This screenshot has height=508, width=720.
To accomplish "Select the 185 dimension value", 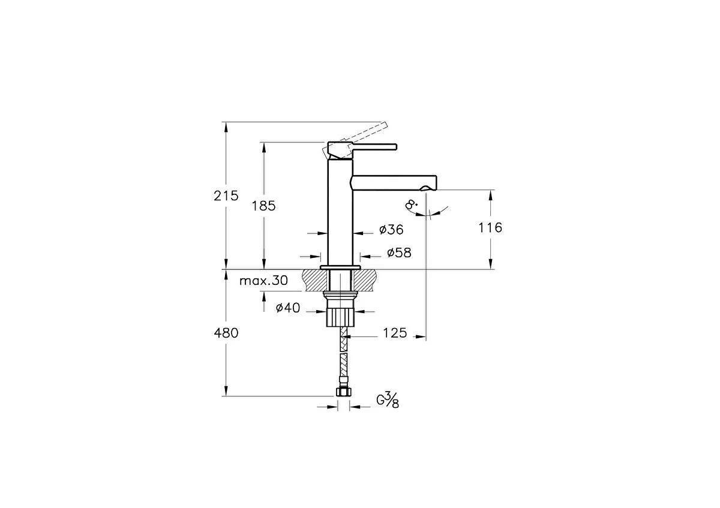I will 263,206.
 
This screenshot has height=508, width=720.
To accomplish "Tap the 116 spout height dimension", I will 491,227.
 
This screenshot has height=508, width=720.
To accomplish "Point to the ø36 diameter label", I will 391,230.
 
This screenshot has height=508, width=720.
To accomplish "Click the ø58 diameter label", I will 399,253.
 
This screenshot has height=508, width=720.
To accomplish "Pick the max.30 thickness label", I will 264,281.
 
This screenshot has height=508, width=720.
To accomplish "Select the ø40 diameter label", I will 287,308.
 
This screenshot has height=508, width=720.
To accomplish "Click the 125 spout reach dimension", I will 394,333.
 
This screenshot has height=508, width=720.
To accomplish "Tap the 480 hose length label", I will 226,333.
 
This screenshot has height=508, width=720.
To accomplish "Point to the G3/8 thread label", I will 388,400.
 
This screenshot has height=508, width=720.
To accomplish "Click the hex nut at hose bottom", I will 343,393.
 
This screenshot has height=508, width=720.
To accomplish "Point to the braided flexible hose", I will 343,357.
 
